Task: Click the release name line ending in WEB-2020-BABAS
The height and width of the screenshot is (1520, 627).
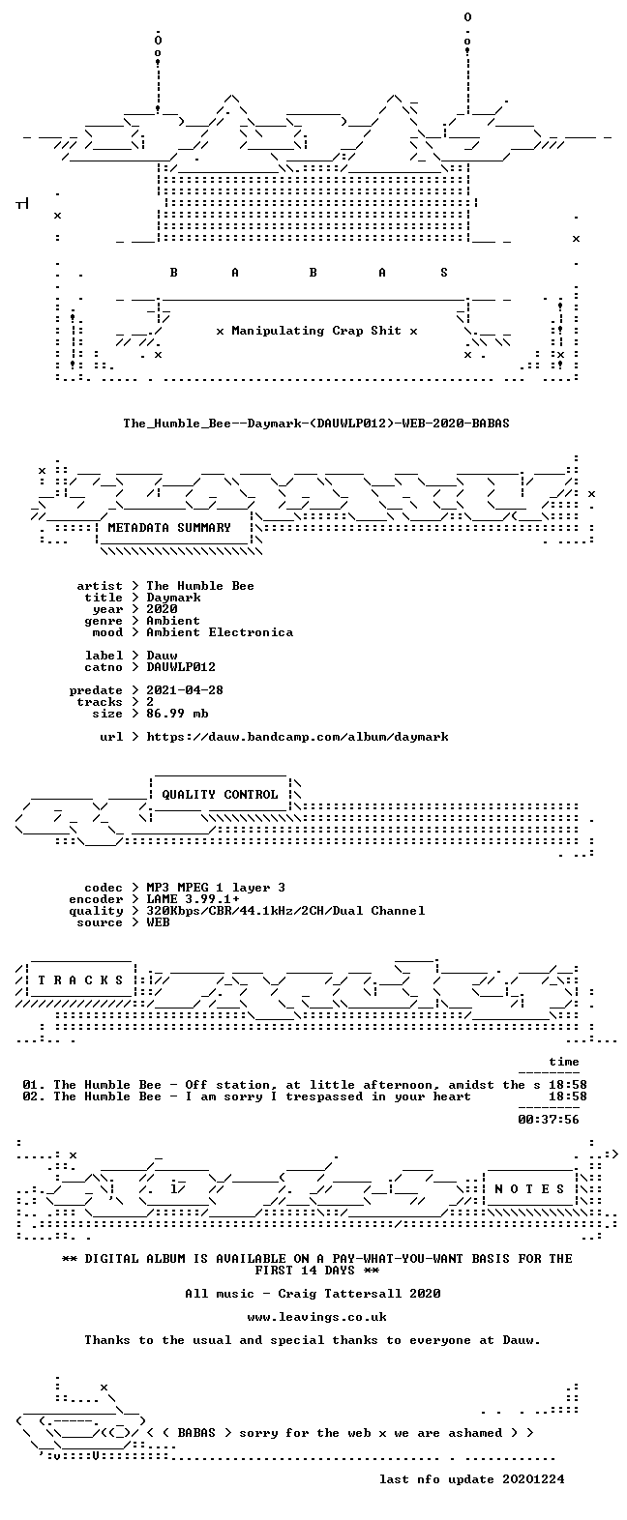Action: [x=315, y=424]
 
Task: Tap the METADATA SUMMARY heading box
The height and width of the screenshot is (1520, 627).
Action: [x=174, y=528]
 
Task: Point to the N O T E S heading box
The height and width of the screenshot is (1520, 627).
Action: [x=530, y=1189]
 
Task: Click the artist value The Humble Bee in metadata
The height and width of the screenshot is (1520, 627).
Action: [x=199, y=586]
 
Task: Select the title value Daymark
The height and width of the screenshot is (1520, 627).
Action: [x=173, y=598]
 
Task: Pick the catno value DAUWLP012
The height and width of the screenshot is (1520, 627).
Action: [x=181, y=667]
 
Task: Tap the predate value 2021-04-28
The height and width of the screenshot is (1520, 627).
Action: [x=185, y=690]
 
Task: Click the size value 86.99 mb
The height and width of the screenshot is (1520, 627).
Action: [x=177, y=714]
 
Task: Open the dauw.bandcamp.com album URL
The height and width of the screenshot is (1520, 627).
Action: [x=298, y=736]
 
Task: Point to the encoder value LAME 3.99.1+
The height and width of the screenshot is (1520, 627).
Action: [x=193, y=899]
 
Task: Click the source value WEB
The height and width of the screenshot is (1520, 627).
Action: [x=158, y=922]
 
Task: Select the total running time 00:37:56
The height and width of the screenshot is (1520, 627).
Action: [x=549, y=1120]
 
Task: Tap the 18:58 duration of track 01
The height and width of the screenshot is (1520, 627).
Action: [x=568, y=1085]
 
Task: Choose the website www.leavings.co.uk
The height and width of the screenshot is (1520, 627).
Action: [x=316, y=1317]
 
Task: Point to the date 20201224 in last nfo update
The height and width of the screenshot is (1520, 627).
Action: [x=533, y=1479]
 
